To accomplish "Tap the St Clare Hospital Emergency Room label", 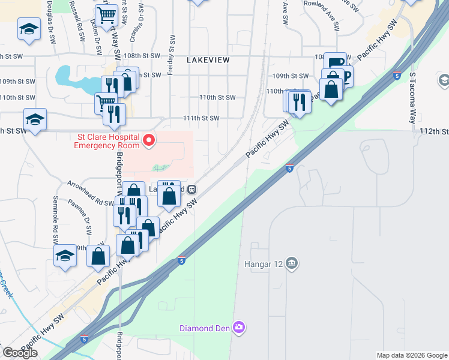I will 107,140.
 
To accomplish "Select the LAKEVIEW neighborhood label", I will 208,61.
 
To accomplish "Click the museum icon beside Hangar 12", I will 292,263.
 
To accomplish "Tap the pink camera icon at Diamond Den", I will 239,327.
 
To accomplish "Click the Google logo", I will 20,353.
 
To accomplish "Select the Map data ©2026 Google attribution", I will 412,355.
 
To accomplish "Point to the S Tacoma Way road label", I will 413,99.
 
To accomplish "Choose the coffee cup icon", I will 336,62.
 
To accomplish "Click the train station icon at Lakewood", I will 192,188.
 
